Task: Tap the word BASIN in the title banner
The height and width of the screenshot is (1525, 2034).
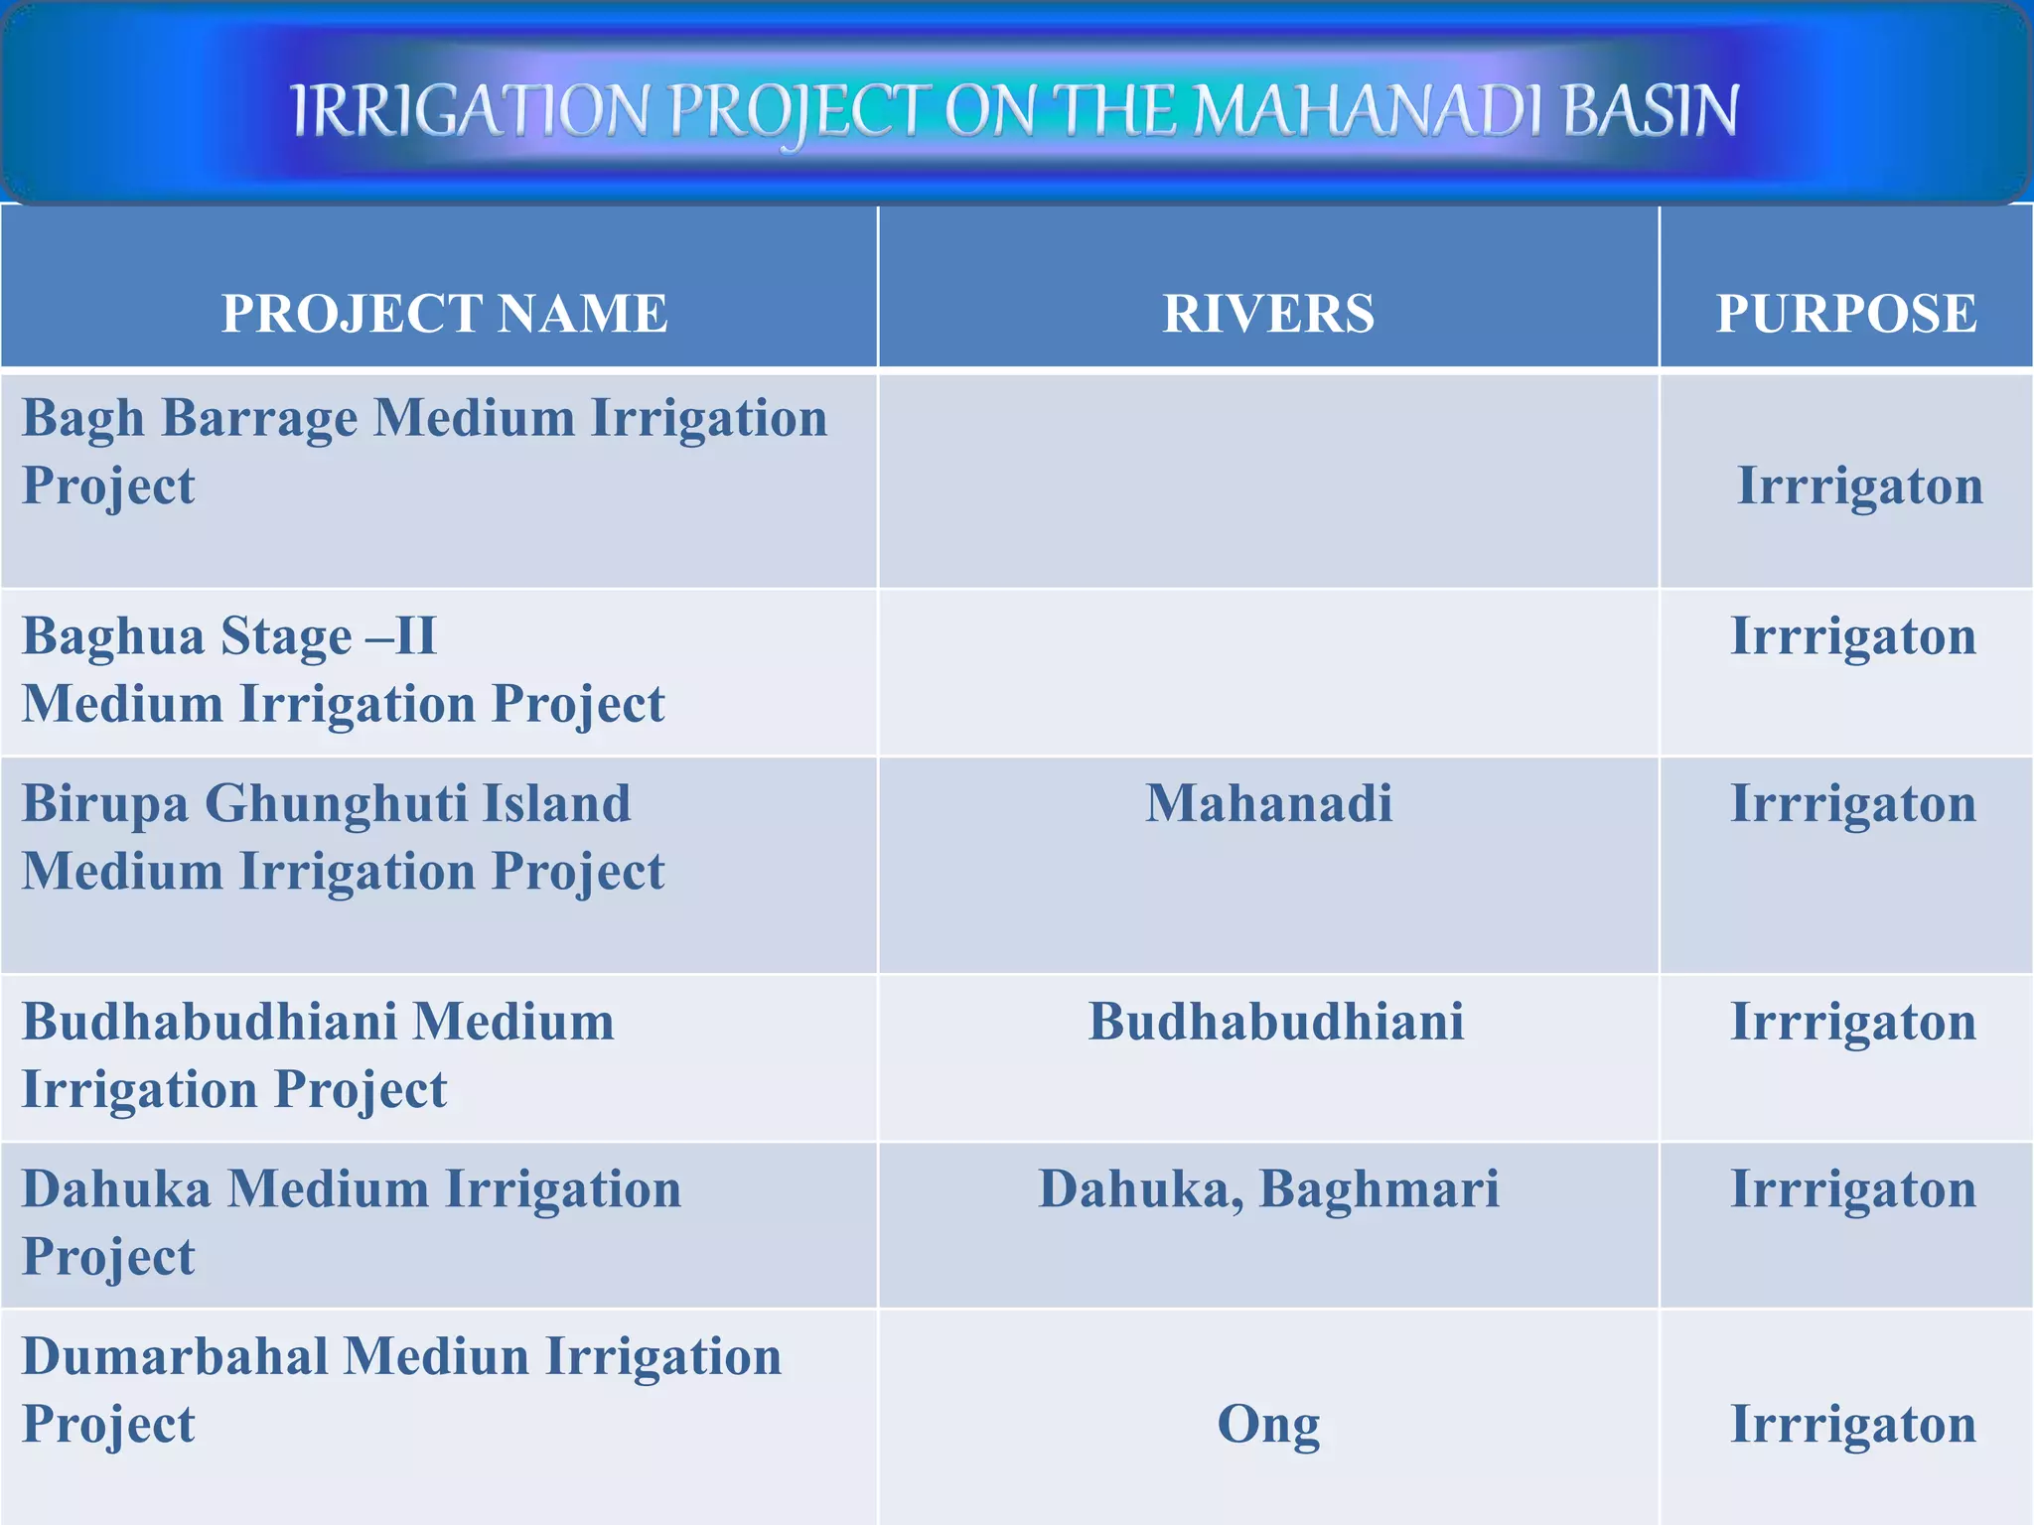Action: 1651,110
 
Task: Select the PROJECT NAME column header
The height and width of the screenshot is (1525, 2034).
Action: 444,314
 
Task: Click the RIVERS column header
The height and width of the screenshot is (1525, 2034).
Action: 1268,314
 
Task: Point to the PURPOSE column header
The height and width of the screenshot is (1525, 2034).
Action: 1846,314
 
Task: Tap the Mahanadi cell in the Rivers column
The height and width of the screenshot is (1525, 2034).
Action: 1268,803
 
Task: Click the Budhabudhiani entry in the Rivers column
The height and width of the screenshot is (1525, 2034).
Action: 1275,1022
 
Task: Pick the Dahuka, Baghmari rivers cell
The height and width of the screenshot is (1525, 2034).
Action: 1268,1188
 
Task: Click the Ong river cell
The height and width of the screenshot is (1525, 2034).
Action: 1268,1424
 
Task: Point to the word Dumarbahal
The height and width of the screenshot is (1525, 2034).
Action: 174,1356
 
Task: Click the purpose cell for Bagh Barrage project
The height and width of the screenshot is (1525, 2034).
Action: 1859,485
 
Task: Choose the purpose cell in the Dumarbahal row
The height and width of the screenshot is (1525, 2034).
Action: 1853,1424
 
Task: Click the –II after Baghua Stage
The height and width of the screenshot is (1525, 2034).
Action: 401,636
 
